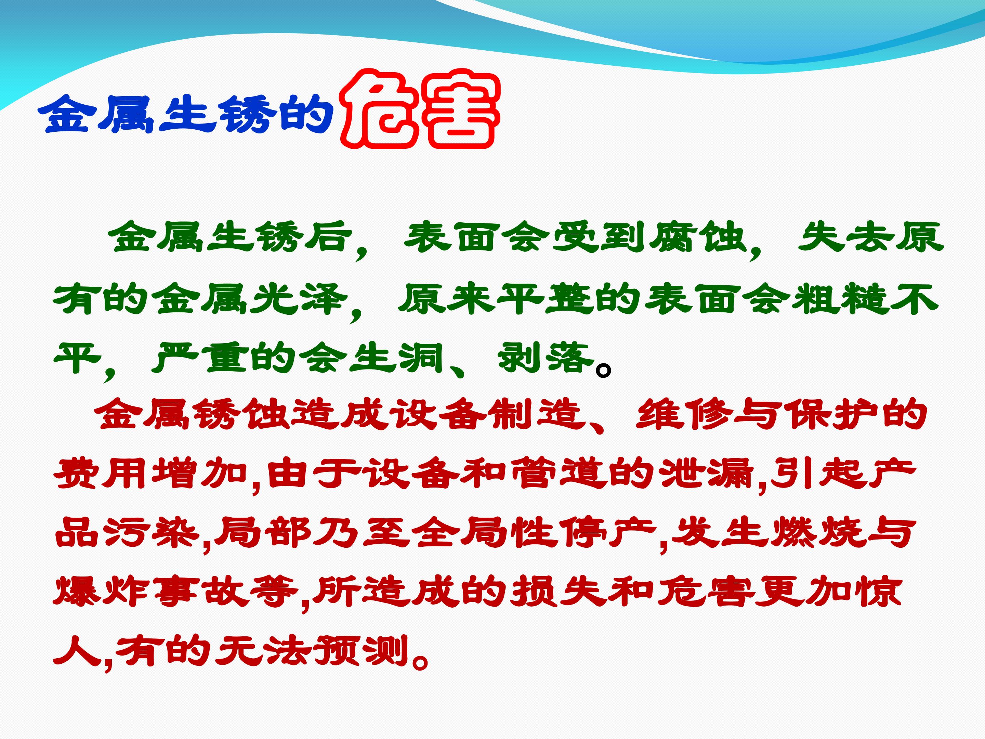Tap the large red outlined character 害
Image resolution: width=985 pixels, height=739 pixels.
coord(459,109)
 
